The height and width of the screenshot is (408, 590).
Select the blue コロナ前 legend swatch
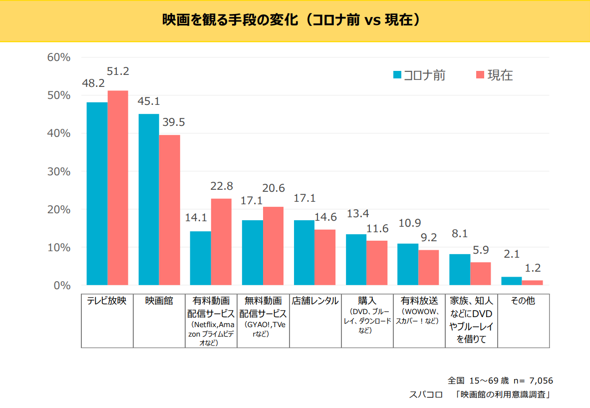(x=397, y=75)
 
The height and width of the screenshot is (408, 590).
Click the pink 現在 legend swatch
(x=480, y=75)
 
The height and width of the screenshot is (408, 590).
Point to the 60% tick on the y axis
(x=58, y=57)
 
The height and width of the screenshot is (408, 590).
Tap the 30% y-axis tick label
(x=58, y=171)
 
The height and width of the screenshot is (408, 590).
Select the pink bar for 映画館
(x=170, y=210)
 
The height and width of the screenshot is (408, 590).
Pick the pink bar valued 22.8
(x=221, y=242)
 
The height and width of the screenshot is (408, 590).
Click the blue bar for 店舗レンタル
(x=304, y=252)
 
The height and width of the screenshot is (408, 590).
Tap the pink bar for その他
(x=532, y=283)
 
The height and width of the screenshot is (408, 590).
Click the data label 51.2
(x=118, y=71)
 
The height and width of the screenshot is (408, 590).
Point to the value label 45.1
(x=149, y=101)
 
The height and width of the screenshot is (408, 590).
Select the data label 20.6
(x=274, y=188)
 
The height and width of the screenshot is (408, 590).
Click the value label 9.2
(x=428, y=238)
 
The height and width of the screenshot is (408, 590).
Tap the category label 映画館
(x=159, y=301)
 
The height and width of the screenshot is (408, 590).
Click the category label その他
(x=523, y=301)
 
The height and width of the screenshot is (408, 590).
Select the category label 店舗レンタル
(x=315, y=301)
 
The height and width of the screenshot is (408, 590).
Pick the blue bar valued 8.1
(x=460, y=270)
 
